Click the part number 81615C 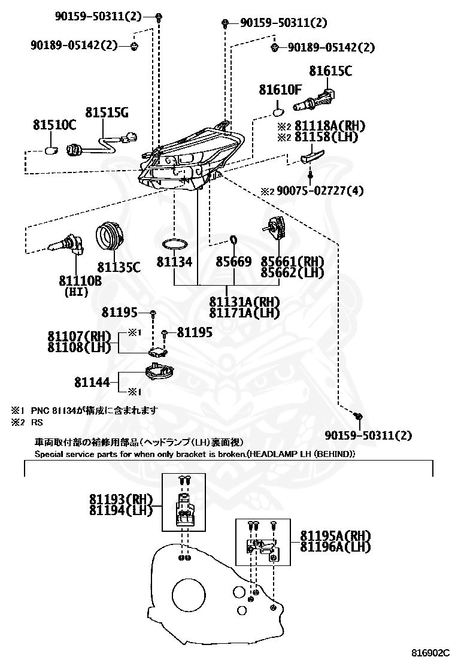[330, 71]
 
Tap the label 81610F [280, 90]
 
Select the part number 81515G [106, 113]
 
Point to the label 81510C [54, 125]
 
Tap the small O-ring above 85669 [233, 241]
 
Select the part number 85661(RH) [292, 262]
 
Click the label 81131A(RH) [245, 302]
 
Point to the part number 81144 [92, 382]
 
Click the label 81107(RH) [79, 336]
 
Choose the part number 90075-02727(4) [320, 191]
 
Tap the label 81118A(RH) [329, 126]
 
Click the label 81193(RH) [121, 500]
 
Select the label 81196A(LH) [335, 546]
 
